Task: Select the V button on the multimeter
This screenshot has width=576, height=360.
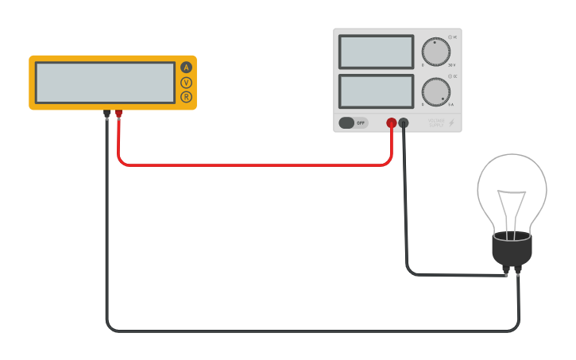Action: (187, 83)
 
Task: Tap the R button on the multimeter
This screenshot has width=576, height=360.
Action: (187, 97)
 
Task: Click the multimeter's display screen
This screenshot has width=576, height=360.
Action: (105, 83)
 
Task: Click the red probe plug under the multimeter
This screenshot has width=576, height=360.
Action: (119, 114)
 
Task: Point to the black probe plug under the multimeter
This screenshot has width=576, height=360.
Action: (106, 114)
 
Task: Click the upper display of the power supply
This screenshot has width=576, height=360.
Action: (376, 52)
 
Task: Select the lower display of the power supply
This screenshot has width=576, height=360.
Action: (376, 91)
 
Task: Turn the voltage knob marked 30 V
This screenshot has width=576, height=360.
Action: (435, 52)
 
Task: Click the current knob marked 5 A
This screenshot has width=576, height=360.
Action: (435, 91)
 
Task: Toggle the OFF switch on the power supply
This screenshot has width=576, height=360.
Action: (353, 122)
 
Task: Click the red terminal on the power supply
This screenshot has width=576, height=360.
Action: (392, 122)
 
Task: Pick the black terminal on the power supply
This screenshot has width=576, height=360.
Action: (404, 122)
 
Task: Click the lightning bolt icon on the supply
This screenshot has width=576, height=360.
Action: (452, 122)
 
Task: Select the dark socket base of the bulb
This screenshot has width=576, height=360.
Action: (512, 250)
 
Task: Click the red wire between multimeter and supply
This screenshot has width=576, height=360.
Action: (254, 165)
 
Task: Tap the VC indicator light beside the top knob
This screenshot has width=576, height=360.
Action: (450, 37)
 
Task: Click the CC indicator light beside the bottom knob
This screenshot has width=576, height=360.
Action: (450, 76)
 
